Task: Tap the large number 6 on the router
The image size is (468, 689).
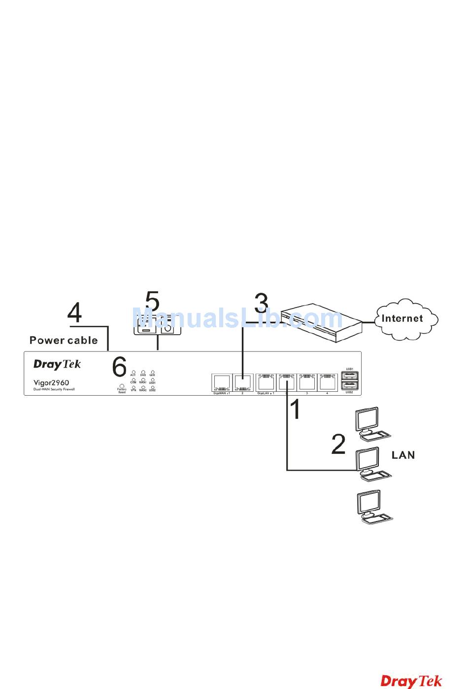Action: click(119, 367)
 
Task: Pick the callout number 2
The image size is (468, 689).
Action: click(338, 444)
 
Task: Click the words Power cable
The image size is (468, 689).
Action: click(64, 340)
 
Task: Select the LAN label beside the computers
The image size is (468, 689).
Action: click(403, 455)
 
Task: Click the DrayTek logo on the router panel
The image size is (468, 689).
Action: click(57, 364)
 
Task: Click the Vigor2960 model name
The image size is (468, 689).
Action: click(51, 382)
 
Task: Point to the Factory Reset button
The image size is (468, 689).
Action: click(122, 386)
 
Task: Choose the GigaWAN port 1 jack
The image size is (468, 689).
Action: click(221, 382)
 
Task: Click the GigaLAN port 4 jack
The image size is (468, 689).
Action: click(327, 382)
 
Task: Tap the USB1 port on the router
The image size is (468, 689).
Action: click(350, 376)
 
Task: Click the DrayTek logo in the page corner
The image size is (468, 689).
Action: click(411, 681)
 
